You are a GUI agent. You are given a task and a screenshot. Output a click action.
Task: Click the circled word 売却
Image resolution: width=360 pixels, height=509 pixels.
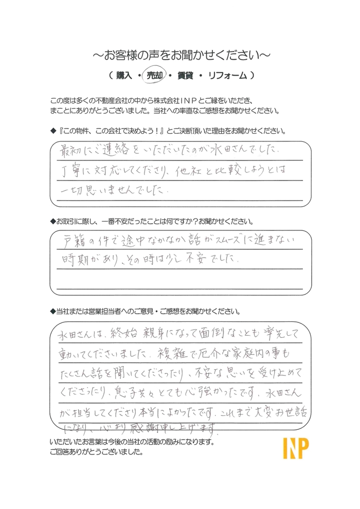155,75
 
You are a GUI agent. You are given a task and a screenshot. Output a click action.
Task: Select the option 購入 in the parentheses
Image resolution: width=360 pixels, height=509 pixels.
124,75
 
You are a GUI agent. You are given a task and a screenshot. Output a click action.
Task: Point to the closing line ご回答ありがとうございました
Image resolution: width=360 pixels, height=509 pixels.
97,453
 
